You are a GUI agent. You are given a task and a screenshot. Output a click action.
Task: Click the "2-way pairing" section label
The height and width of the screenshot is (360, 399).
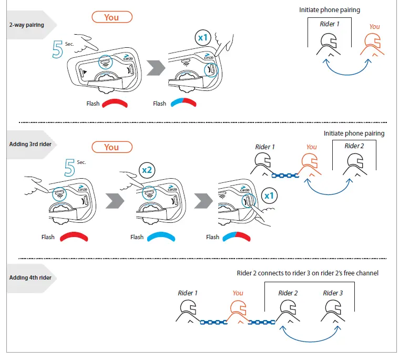[x=26, y=25]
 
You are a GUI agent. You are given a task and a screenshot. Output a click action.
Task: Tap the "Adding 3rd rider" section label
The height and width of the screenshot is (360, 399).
[x=30, y=144]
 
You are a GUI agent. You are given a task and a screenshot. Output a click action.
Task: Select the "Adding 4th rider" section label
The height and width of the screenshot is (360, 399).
[x=30, y=277]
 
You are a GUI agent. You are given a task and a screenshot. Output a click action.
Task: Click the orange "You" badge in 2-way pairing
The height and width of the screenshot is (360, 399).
[x=112, y=17]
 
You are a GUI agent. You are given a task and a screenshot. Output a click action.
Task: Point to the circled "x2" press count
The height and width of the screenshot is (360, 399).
[x=147, y=170]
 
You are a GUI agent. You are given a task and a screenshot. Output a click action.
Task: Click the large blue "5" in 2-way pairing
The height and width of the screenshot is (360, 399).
[x=57, y=49]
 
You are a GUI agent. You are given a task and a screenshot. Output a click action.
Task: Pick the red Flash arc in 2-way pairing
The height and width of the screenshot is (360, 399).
[x=115, y=102]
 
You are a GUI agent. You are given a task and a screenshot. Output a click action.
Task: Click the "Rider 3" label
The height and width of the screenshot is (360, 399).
[x=333, y=293]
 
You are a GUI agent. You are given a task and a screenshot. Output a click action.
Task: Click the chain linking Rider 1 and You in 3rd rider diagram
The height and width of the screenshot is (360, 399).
[x=285, y=176]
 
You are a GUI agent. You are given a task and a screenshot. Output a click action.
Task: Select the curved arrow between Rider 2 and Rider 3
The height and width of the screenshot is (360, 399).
[x=310, y=341]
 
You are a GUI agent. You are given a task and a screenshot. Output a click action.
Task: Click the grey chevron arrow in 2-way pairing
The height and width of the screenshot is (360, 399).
[x=156, y=68]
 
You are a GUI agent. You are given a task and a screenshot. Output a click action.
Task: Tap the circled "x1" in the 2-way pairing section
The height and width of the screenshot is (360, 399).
[x=203, y=38]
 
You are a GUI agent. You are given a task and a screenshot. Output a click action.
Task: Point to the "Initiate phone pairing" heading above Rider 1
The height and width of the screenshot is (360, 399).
[x=330, y=10]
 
